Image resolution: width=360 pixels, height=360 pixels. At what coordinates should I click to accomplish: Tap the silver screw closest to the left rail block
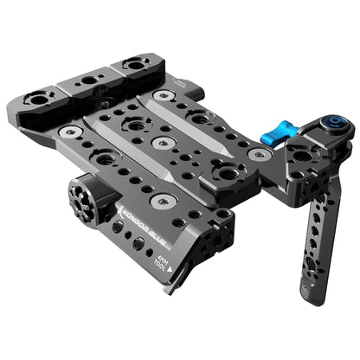(70, 131)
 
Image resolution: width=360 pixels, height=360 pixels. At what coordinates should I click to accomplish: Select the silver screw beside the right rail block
(163, 93)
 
